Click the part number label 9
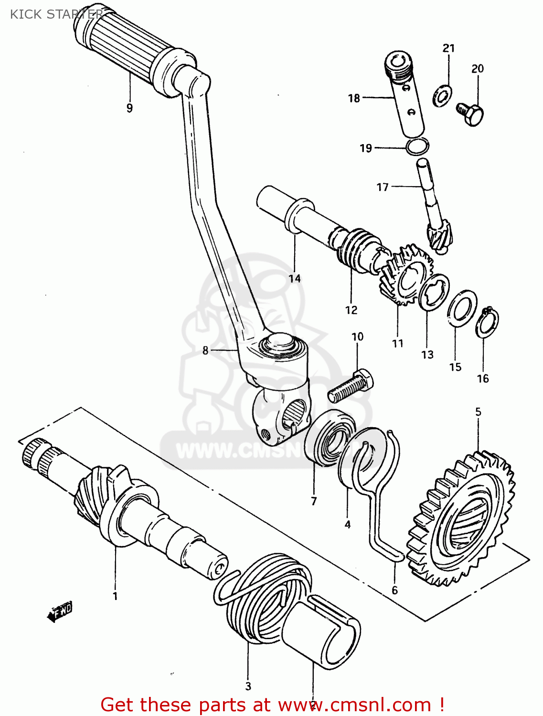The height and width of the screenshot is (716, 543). point(129,108)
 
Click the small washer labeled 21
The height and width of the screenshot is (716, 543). point(441,95)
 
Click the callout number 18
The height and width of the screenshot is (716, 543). point(354,98)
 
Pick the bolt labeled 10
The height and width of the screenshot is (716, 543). point(351,386)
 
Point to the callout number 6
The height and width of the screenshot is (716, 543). point(394,590)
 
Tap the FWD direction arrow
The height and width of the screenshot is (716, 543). point(60,611)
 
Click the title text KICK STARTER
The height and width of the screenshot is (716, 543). point(56,14)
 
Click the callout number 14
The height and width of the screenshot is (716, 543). point(295,278)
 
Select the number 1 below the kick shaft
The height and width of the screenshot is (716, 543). point(115,596)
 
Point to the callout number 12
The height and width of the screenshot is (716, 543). point(351,310)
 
